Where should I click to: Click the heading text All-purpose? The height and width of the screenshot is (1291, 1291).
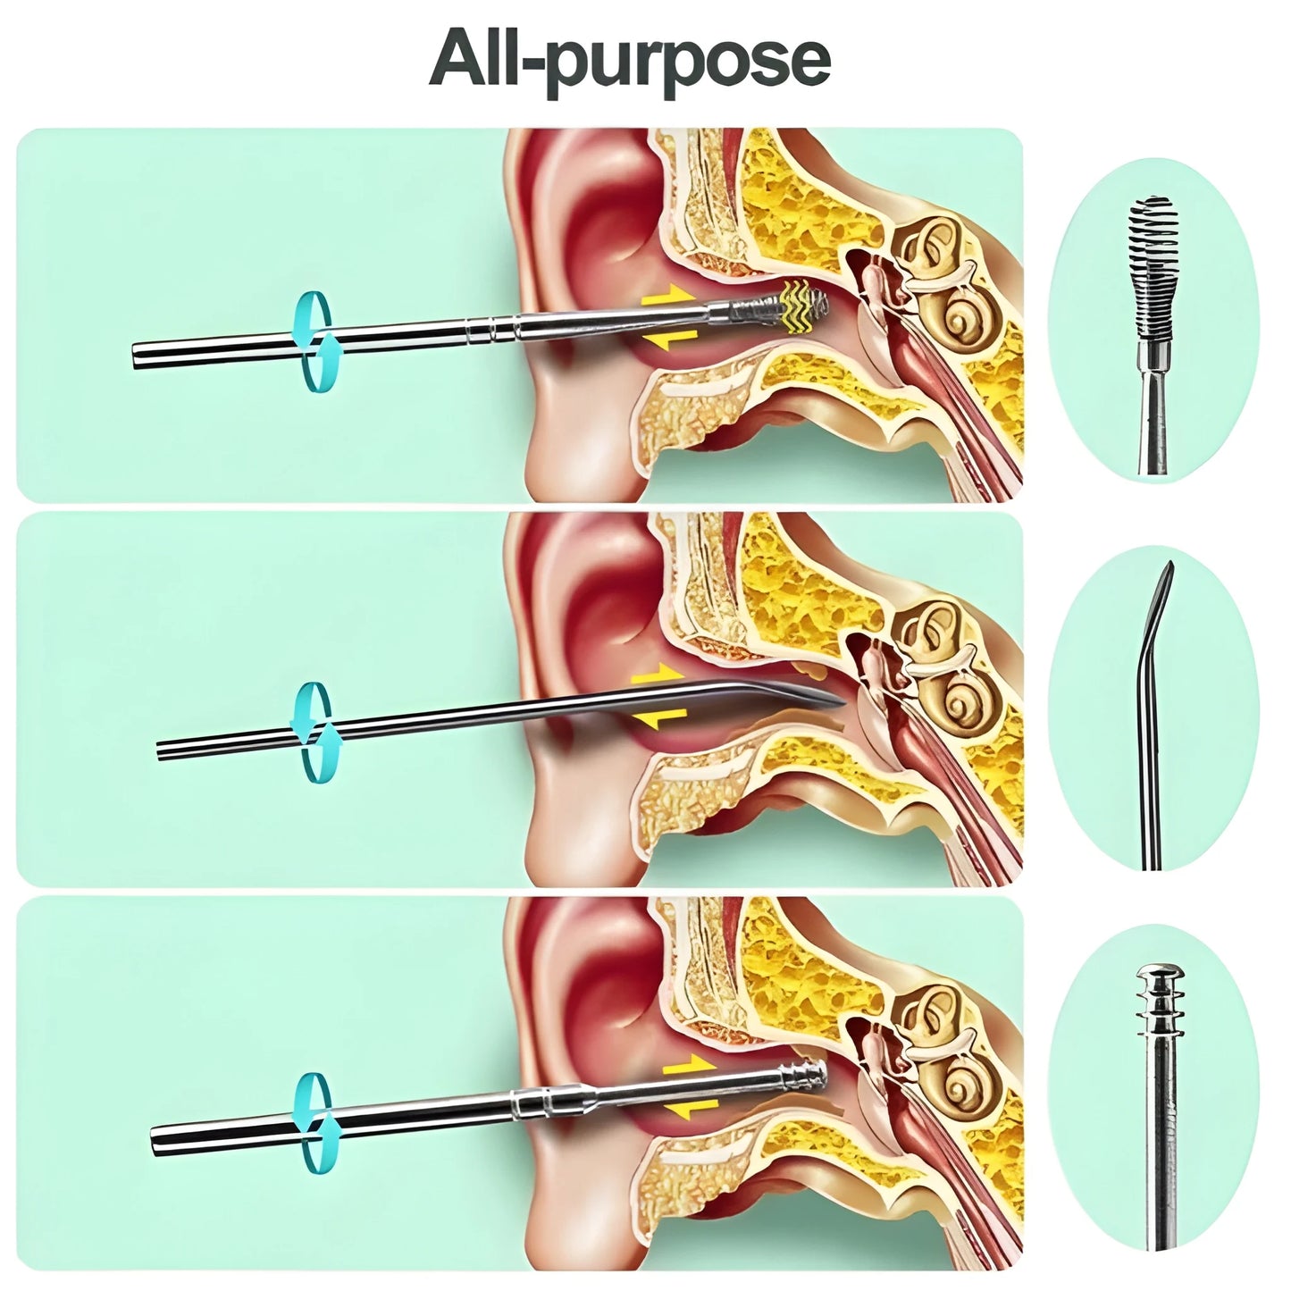click(x=630, y=58)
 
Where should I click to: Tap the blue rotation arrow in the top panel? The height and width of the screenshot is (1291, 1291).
click(x=313, y=341)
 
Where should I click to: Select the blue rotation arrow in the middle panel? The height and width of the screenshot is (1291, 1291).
click(x=313, y=732)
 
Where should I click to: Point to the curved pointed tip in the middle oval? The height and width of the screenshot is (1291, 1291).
click(x=1161, y=590)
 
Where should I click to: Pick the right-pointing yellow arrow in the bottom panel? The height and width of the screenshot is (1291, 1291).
click(x=688, y=1067)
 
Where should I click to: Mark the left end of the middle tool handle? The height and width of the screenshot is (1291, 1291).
click(x=162, y=750)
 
